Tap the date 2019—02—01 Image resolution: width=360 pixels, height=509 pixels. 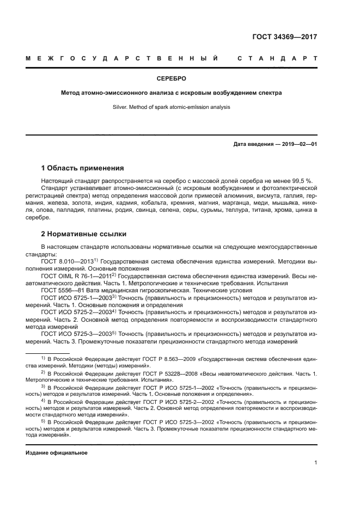[296, 144]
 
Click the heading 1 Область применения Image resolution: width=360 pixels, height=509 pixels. [83, 168]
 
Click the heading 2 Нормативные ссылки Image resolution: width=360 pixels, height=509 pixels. [84, 235]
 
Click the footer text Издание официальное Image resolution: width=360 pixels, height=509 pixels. [56, 453]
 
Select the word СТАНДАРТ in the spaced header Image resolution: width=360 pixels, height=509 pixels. [277, 58]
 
